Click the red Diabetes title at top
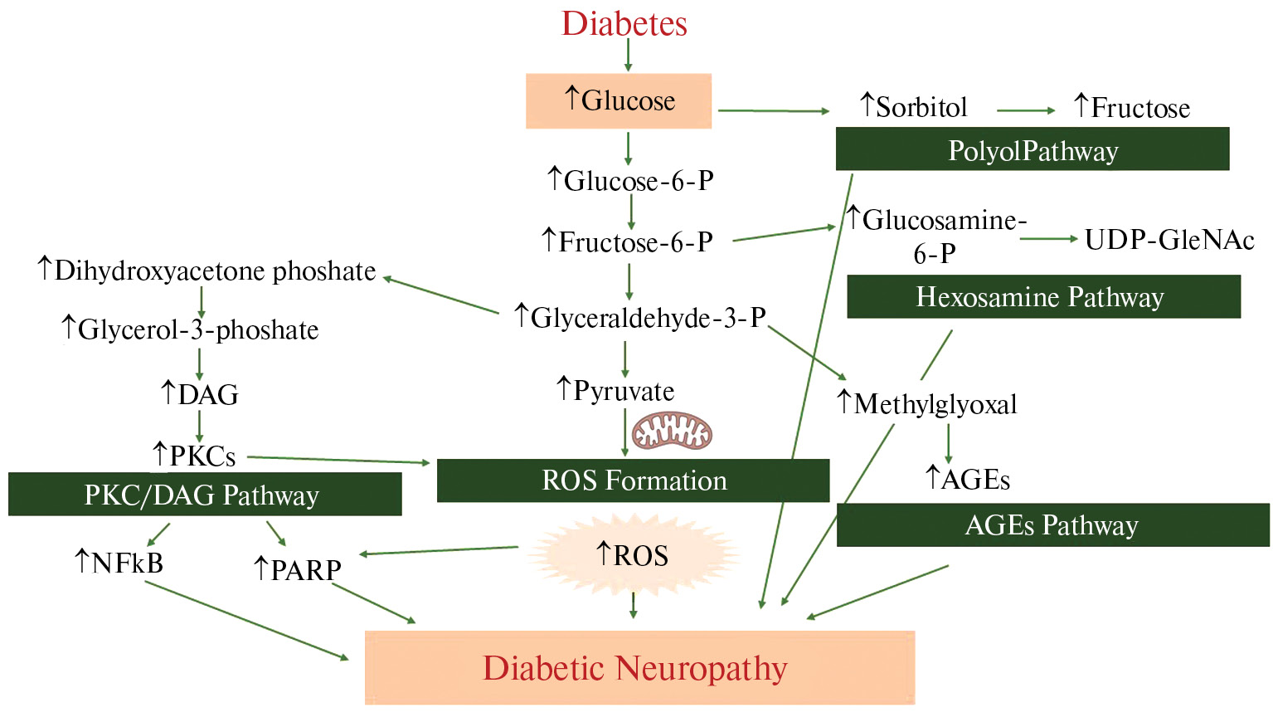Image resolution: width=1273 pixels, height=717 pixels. tap(624, 23)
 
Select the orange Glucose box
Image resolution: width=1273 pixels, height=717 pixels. tap(619, 101)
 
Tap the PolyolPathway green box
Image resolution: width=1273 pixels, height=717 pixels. tap(1032, 149)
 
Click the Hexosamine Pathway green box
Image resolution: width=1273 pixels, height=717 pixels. tap(1042, 297)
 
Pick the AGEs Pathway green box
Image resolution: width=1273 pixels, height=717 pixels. tap(1052, 525)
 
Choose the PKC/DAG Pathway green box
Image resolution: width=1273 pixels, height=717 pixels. tap(204, 495)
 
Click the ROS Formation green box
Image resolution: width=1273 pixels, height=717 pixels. tap(633, 480)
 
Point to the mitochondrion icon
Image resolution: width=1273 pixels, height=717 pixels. tap(672, 432)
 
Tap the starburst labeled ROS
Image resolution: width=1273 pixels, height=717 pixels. tap(634, 554)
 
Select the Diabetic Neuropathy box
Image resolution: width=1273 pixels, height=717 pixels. tap(639, 668)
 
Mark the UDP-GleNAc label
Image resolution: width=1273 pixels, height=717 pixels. tap(1169, 240)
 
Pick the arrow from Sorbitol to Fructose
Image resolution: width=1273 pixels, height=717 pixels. tap(1025, 110)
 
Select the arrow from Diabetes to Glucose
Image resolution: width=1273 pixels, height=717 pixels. tap(628, 55)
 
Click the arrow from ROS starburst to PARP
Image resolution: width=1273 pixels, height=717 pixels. tap(440, 550)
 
